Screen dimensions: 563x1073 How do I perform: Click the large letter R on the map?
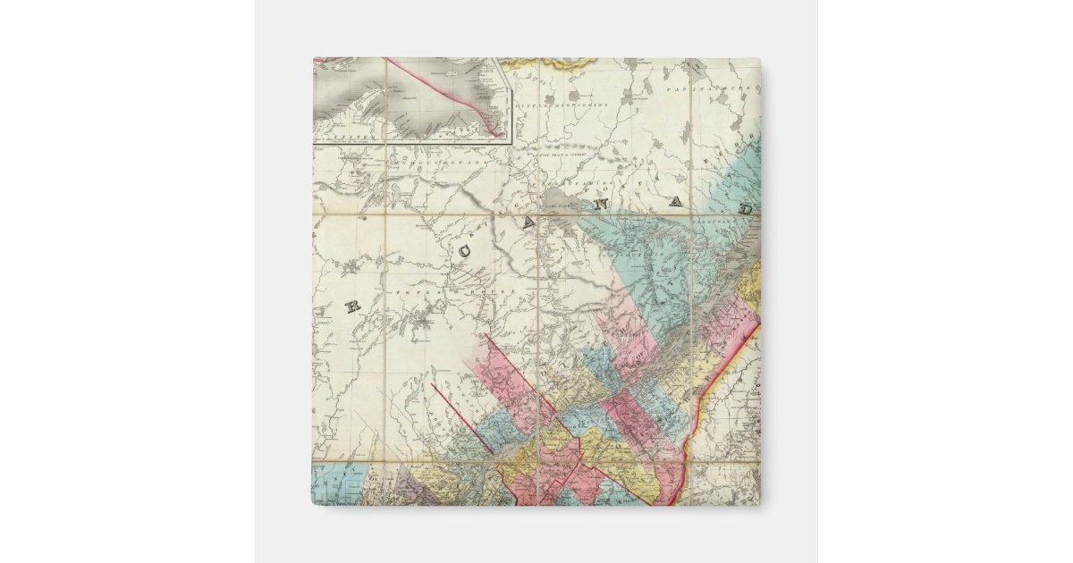click(352, 307)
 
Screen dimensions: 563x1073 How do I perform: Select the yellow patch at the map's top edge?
click(547, 63)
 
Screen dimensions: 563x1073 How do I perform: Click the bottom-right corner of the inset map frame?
click(510, 142)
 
